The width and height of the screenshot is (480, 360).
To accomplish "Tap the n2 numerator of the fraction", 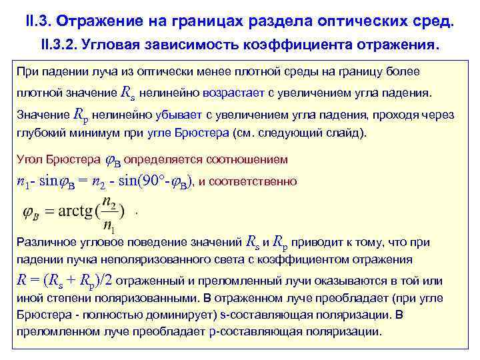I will click(114, 203).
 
